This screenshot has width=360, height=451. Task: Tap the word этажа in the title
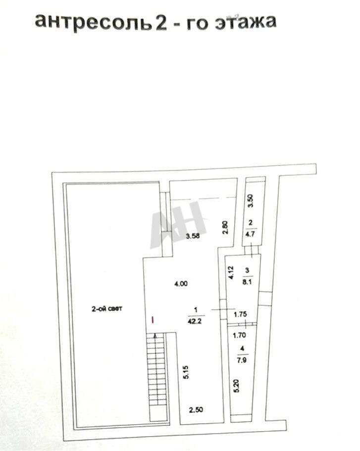tap(246, 22)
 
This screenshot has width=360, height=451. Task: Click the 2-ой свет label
tap(107, 309)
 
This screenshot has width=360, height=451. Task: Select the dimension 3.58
tap(193, 236)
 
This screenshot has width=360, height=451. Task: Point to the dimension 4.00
tap(181, 283)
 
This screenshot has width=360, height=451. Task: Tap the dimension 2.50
tap(196, 409)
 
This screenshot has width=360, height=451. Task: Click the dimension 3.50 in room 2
tap(251, 201)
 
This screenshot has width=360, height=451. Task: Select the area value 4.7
tap(250, 233)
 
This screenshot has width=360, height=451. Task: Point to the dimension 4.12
tap(231, 273)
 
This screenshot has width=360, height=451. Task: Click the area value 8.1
tap(247, 282)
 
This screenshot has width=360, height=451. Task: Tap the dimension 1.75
tap(240, 314)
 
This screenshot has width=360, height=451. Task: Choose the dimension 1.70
tap(239, 335)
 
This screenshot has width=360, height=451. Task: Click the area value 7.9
tap(242, 360)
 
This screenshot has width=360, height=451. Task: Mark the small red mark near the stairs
tap(153, 320)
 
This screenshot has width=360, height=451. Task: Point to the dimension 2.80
tap(225, 227)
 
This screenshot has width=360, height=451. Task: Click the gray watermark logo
tap(178, 225)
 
